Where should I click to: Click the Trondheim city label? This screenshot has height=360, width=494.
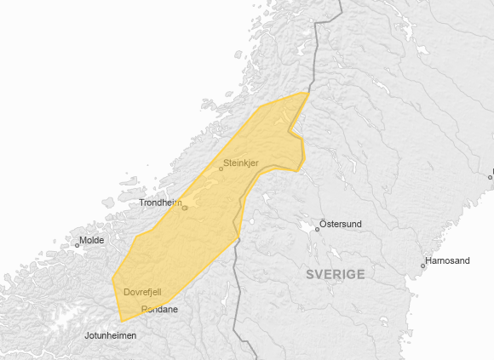[x=161, y=203]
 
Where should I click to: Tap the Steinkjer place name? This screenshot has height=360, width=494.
[x=240, y=163]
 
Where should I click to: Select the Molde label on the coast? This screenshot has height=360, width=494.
[x=91, y=241]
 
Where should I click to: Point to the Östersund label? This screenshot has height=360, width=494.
[x=341, y=224]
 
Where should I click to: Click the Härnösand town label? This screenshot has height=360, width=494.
[x=447, y=261]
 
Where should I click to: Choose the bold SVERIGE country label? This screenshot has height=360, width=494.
[x=336, y=274]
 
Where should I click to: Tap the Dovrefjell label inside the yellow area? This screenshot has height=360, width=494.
[x=142, y=292]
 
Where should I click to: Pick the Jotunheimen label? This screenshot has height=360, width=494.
[x=110, y=336]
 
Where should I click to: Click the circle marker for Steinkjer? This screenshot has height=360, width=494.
[x=221, y=169]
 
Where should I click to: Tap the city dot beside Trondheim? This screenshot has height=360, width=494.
[x=184, y=207]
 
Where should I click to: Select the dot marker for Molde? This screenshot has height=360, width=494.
[x=78, y=245]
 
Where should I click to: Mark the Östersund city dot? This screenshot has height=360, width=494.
[x=318, y=228]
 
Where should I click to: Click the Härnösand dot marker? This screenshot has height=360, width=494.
[x=422, y=266]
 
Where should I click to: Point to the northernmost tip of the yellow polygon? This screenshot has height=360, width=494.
[x=307, y=92]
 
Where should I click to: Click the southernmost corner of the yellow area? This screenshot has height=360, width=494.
[x=123, y=321]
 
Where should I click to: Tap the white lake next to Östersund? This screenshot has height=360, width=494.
[x=304, y=228]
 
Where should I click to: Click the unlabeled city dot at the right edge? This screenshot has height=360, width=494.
[x=491, y=176]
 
